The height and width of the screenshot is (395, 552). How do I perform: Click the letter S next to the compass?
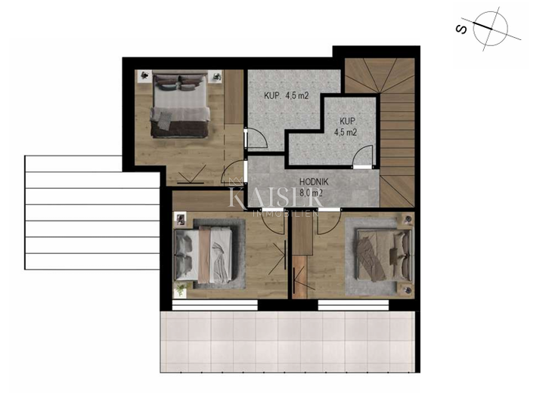pos(460,29)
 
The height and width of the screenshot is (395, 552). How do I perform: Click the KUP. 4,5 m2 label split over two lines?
pos(347,126)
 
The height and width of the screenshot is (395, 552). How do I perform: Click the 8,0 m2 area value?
pos(312,193)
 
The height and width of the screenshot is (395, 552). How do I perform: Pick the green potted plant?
pos(180,289)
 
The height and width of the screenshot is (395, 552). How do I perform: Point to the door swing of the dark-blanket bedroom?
pos(233,177)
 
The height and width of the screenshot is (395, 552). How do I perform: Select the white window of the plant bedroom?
pos(215,305)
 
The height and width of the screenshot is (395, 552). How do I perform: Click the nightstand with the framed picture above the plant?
pos(181,220)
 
